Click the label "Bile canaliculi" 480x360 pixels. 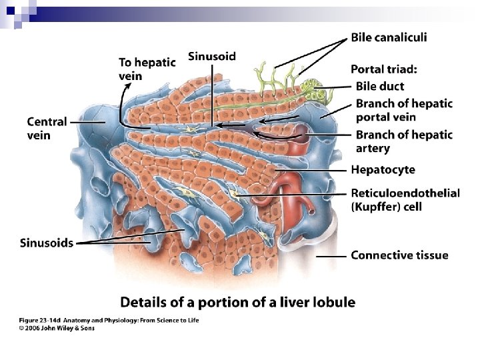coord(389,37)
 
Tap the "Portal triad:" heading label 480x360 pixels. coord(384,69)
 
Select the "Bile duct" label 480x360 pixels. coord(379,86)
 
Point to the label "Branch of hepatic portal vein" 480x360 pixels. coord(403,110)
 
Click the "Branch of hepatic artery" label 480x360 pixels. coord(403,141)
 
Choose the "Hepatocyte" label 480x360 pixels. coord(383,170)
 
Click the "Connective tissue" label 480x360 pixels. coord(399,255)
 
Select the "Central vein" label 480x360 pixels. coord(47,128)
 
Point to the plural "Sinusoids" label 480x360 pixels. coord(46,243)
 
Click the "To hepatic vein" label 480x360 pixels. coord(147,69)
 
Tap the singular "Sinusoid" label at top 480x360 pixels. coord(212,56)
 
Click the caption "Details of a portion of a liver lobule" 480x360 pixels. coord(237,302)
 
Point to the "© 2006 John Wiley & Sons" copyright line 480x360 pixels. coord(56,329)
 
